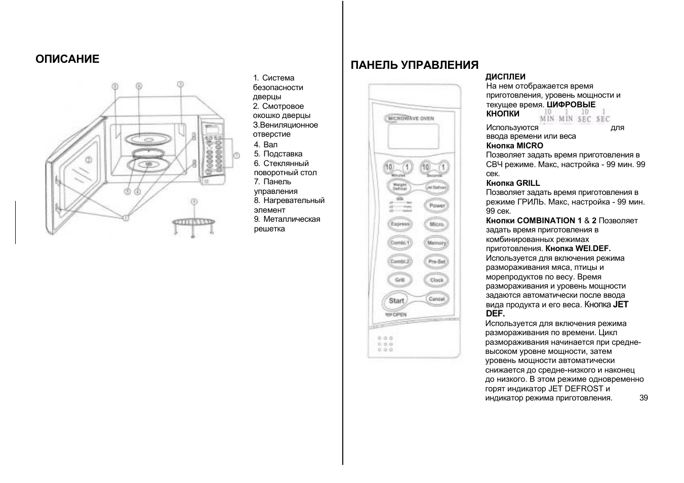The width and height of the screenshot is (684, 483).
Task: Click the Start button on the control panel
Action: click(396, 301)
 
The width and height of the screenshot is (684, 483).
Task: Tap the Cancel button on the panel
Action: click(436, 299)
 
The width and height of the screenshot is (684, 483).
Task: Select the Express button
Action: click(399, 224)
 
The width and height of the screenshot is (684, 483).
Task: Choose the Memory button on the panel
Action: click(436, 243)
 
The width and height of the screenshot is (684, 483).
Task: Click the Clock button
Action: click(436, 280)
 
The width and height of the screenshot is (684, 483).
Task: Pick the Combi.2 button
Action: click(399, 262)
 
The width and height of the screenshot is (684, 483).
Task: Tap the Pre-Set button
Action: click(436, 262)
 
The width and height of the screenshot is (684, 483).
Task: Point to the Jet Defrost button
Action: click(436, 187)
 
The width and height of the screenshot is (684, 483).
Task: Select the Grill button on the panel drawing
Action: click(399, 280)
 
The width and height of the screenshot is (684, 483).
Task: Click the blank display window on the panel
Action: click(413, 135)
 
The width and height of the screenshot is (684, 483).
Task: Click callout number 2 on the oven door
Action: click(88, 160)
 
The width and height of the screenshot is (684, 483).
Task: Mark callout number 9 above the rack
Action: click(193, 202)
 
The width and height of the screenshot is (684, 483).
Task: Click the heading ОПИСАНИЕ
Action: click(67, 59)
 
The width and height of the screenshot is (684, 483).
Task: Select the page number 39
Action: click(643, 398)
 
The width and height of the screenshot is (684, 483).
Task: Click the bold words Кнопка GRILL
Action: click(513, 183)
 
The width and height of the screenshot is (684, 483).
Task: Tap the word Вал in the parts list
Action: click(270, 145)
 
